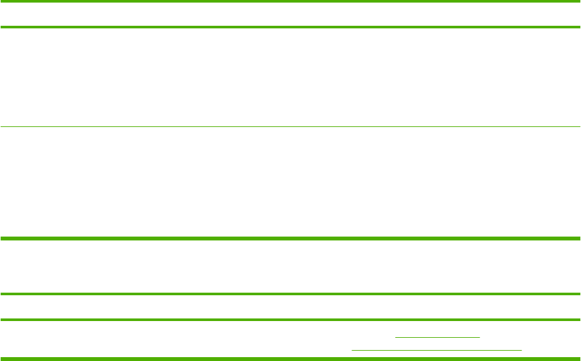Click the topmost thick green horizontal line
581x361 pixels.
point(290,2)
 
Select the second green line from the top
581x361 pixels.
point(290,26)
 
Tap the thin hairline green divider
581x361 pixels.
point(290,126)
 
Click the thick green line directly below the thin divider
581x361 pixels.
point(290,239)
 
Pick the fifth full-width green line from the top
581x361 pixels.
point(290,295)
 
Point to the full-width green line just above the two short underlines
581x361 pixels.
point(290,320)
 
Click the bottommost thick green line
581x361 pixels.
point(290,358)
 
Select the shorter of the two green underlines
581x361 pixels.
point(438,337)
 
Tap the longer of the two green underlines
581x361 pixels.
point(437,349)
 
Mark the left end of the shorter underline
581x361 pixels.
point(396,337)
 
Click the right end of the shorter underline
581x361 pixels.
point(480,337)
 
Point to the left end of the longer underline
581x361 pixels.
point(352,349)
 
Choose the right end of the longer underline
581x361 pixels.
point(521,349)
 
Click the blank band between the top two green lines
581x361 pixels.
point(290,14)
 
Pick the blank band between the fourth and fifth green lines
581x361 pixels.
point(290,267)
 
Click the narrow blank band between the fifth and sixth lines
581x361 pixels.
point(290,307)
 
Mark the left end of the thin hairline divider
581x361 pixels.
point(1,126)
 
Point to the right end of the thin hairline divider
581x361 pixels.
point(579,126)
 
